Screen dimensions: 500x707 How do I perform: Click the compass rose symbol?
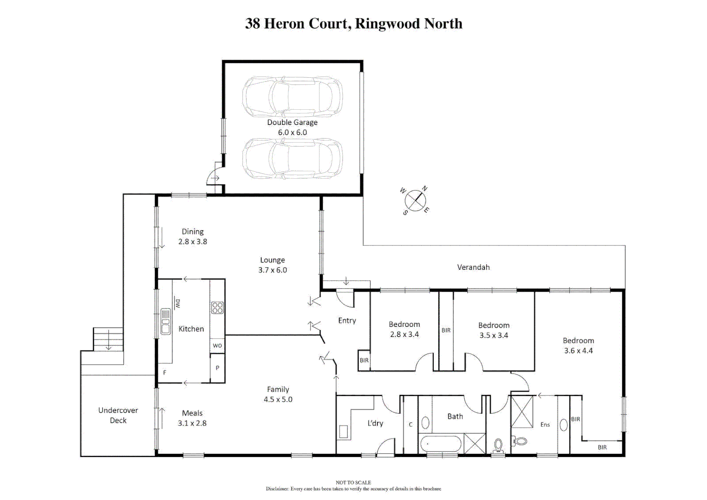415,200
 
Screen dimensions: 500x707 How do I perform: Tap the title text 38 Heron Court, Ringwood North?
353,24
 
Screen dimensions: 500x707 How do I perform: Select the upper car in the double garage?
292,97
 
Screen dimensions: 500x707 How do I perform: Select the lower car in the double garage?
292,158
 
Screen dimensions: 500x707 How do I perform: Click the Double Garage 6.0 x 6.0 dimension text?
292,132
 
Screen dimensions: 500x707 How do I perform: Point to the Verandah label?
473,267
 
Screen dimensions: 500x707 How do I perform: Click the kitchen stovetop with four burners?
217,308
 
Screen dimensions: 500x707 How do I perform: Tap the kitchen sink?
165,321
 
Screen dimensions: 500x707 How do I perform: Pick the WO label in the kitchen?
217,345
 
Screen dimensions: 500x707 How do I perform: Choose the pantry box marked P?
217,368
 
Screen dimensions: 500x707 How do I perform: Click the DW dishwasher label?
177,303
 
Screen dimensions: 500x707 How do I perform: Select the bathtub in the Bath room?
441,444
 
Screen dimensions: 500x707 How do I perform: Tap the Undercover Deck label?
118,415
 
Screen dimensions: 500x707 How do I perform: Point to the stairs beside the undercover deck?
108,339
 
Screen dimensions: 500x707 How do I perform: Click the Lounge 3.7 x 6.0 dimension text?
272,270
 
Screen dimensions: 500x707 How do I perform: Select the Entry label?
347,320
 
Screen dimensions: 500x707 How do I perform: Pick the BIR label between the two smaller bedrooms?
446,330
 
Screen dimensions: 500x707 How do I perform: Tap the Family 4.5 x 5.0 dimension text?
278,399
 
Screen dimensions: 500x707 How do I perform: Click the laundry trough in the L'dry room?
344,431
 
